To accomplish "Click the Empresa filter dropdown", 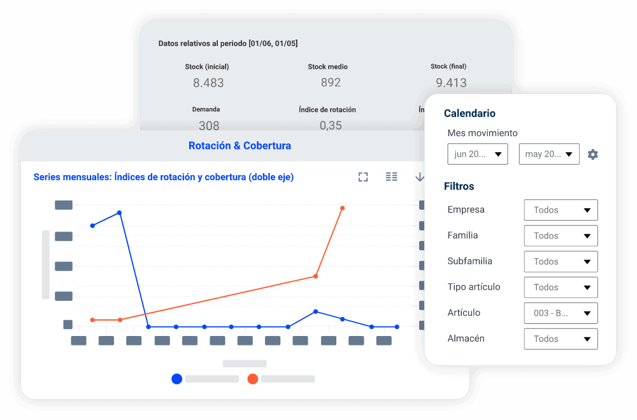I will pos(561,210).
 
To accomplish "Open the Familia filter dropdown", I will pos(561,235).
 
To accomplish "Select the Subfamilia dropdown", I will pos(561,262).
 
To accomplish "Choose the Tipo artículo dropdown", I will pos(561,287).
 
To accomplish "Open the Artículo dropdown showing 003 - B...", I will pos(561,313).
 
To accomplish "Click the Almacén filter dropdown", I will pos(561,339).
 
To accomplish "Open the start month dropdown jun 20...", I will pos(478,154).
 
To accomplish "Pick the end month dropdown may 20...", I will pos(549,154).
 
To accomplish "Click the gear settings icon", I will pos(593,155).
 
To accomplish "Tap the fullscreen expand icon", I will pos(363,177).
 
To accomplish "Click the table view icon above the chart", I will pos(392,177).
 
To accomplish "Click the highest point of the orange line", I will pos(343,208).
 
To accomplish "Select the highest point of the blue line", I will pos(119,213).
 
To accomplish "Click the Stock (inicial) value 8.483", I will pos(208,83).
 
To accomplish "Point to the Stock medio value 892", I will pos(331,83).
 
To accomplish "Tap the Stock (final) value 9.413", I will pos(451,83).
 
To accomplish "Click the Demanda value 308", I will pos(209,125).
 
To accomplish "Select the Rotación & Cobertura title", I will pos(240,146).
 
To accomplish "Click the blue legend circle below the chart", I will pos(177,379).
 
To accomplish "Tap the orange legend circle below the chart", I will pos(253,379).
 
